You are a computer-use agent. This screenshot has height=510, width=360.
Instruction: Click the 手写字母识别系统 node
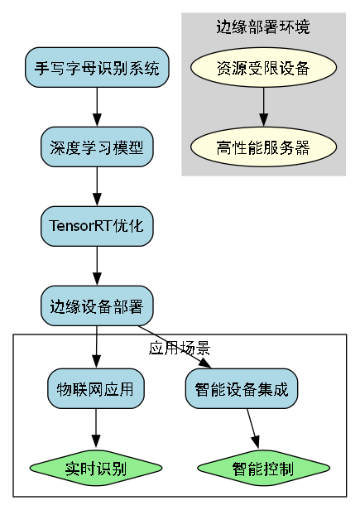click(97, 68)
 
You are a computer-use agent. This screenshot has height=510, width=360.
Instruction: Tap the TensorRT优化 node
click(97, 226)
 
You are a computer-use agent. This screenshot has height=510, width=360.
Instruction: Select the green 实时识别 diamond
click(97, 469)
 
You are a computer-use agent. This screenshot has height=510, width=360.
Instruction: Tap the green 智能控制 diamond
click(262, 469)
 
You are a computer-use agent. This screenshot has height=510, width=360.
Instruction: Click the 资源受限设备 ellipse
click(263, 68)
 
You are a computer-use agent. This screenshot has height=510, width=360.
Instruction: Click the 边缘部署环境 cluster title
click(263, 27)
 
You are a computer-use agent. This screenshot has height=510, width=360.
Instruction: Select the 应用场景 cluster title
click(180, 347)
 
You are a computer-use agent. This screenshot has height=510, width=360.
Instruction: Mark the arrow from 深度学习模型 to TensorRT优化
click(97, 186)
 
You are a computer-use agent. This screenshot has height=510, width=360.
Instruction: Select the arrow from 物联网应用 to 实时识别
click(97, 430)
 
